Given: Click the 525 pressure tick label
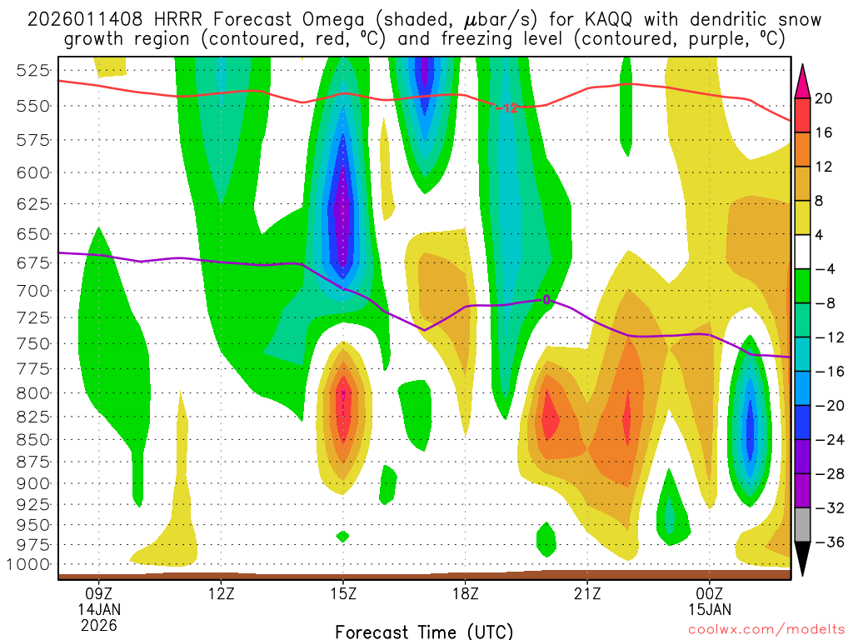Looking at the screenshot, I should (32, 70).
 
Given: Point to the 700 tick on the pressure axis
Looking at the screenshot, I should (32, 290).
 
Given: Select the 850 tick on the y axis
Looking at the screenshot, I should (32, 439).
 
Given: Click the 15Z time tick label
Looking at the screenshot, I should (343, 595).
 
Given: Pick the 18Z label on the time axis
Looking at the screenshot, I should (465, 595).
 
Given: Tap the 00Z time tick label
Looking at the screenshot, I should (709, 595).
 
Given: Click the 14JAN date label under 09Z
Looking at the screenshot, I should (99, 609).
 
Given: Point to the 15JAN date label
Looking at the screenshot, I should (709, 609).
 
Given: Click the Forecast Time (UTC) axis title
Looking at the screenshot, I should (424, 631).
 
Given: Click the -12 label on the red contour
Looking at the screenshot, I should (506, 107).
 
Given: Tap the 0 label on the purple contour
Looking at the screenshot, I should (546, 299).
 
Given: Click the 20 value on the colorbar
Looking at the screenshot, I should (824, 98).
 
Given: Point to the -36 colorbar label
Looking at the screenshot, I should (824, 542).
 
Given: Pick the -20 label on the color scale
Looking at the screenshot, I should (824, 405).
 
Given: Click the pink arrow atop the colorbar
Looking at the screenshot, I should (803, 81).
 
